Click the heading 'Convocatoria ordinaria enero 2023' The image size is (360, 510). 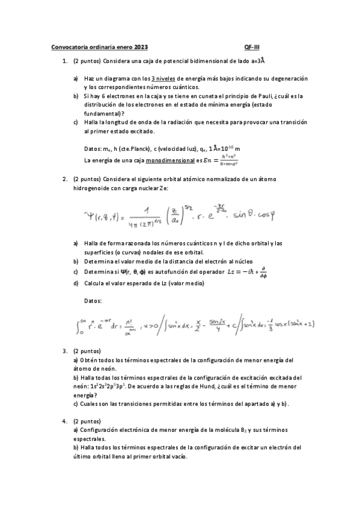pos(100,47)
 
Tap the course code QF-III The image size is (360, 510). pos(252,47)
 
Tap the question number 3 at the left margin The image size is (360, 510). pos(64,351)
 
